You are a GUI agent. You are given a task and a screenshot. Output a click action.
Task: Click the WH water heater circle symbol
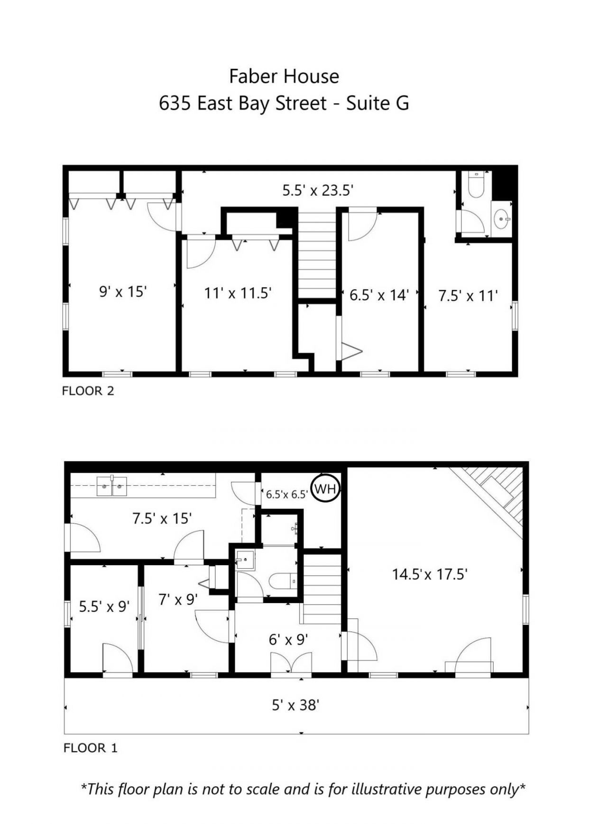[x=325, y=489]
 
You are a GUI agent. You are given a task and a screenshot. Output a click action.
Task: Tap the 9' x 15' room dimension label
[x=122, y=291]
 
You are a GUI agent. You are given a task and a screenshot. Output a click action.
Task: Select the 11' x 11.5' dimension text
[x=238, y=293]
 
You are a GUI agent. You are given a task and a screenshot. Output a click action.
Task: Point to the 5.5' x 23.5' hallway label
[x=318, y=190]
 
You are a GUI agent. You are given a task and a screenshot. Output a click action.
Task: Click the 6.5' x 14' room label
[x=379, y=295]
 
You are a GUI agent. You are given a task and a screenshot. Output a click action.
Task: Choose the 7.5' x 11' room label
[x=468, y=296]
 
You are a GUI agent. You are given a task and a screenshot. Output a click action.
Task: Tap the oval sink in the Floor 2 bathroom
[x=501, y=219]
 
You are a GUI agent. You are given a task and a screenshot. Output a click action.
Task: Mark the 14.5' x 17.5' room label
[x=430, y=574]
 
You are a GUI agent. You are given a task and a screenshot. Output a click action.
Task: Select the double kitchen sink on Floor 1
[x=112, y=486]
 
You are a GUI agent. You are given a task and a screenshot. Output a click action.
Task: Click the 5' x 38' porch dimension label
[x=295, y=705]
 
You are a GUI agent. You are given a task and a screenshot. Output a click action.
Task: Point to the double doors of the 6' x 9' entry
[x=291, y=662]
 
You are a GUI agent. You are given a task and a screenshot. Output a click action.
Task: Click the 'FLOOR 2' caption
[x=88, y=391]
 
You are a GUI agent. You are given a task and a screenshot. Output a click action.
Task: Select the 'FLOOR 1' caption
[x=90, y=748]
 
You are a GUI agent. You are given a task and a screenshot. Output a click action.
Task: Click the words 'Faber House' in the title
[x=284, y=76]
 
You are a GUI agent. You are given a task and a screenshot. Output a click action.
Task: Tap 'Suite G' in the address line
[x=377, y=103]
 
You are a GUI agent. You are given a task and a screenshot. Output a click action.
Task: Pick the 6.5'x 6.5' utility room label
[x=287, y=494]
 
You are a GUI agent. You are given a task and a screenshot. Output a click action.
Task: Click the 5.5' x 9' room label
[x=104, y=606]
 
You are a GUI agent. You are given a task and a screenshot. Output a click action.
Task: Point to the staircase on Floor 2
[x=316, y=256]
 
